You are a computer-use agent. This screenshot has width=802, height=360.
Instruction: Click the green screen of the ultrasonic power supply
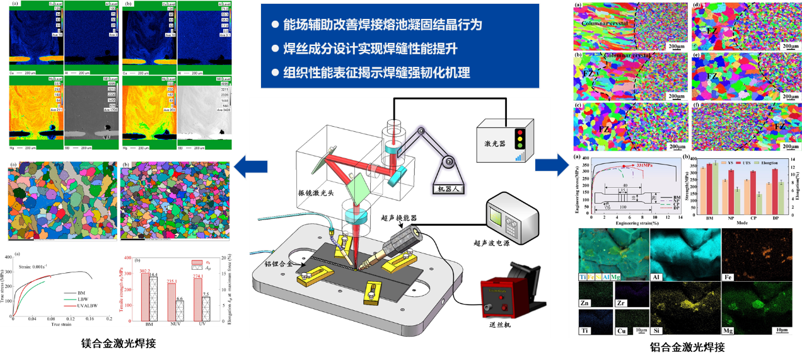498,218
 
